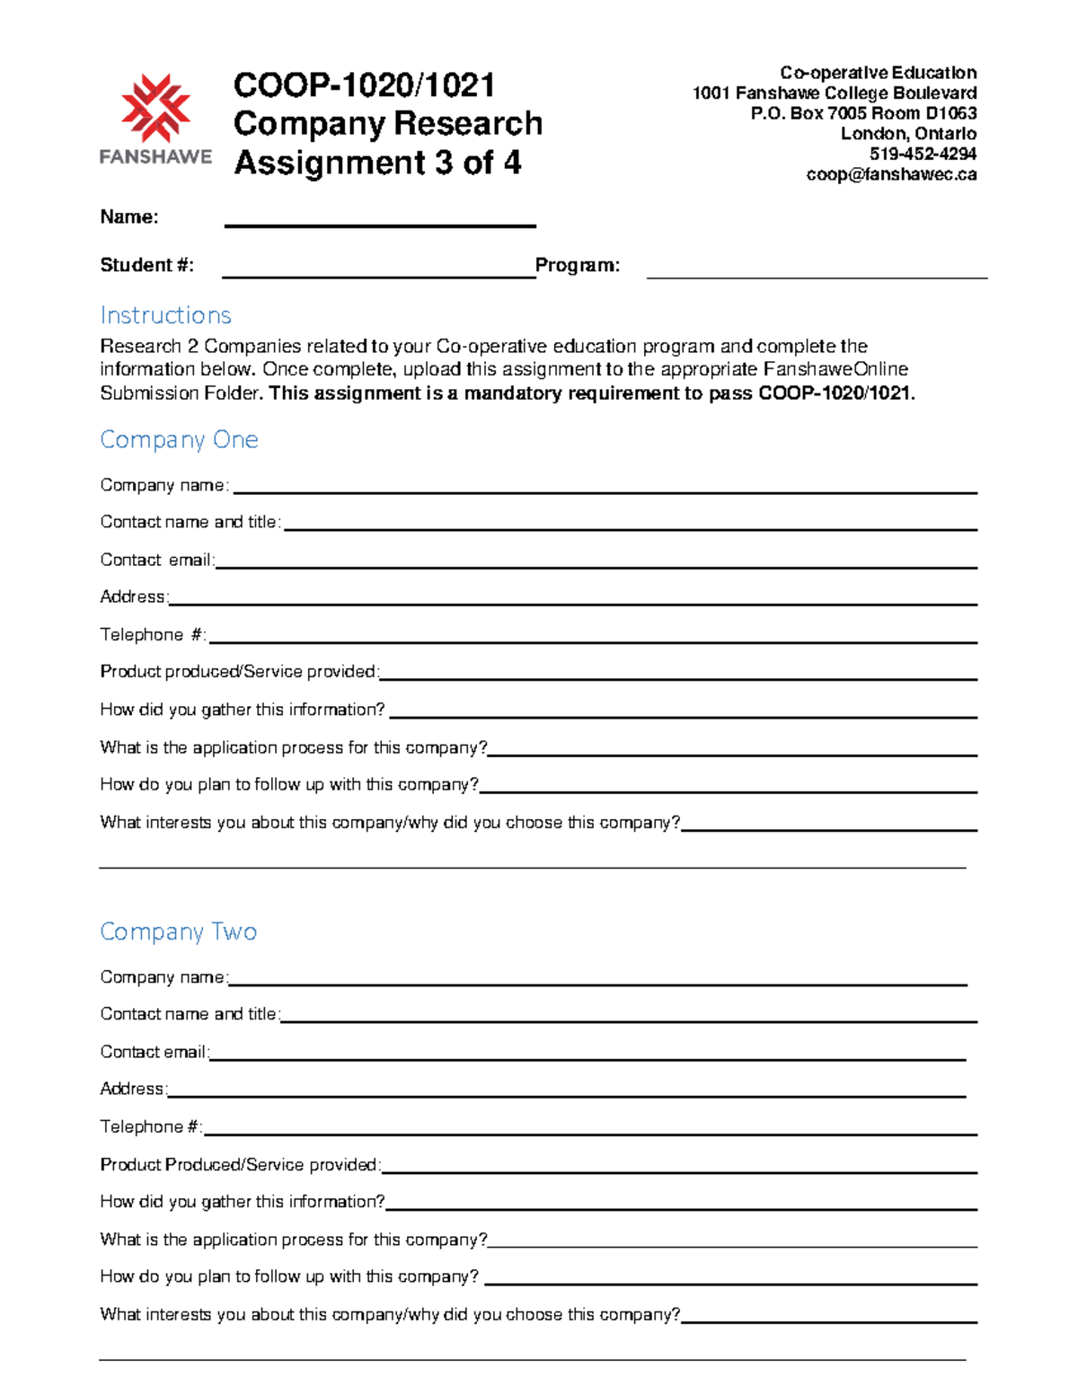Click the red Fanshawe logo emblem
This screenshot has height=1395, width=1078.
155,109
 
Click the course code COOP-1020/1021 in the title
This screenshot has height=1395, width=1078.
364,85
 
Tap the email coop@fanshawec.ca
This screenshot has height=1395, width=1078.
890,174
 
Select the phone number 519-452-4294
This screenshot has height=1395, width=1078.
923,154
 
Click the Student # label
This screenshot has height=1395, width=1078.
146,265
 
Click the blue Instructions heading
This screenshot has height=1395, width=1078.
165,315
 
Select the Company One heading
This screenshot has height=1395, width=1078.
179,439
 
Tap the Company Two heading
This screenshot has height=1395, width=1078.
178,931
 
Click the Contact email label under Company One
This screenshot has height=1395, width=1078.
156,560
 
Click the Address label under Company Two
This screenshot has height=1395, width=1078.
132,1089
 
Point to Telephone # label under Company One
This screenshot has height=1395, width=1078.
153,635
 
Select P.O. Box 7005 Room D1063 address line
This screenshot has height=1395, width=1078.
863,113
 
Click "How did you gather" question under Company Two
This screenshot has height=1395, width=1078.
242,1202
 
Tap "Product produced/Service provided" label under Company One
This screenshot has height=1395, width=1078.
239,672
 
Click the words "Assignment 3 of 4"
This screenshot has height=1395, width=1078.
377,163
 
